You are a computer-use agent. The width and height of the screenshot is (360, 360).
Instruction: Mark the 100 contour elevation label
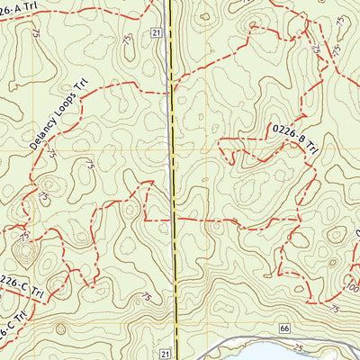pos(350,288)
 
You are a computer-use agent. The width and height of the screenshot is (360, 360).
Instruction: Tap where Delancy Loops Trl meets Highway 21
pos(170,86)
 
